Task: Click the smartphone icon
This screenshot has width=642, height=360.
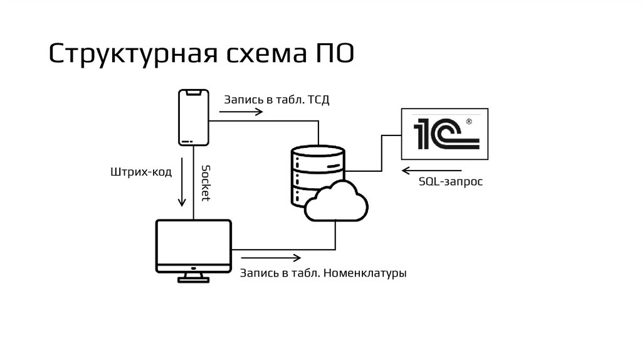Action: click(x=194, y=117)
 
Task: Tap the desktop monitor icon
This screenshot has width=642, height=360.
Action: click(x=194, y=246)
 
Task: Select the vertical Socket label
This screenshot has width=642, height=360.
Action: click(x=206, y=182)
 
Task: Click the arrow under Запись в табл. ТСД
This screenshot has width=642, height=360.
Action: click(x=241, y=112)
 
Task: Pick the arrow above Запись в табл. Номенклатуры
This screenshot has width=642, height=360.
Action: click(x=270, y=258)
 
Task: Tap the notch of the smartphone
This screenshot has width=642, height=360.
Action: click(x=194, y=93)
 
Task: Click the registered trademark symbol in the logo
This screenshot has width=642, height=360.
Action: click(x=468, y=120)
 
